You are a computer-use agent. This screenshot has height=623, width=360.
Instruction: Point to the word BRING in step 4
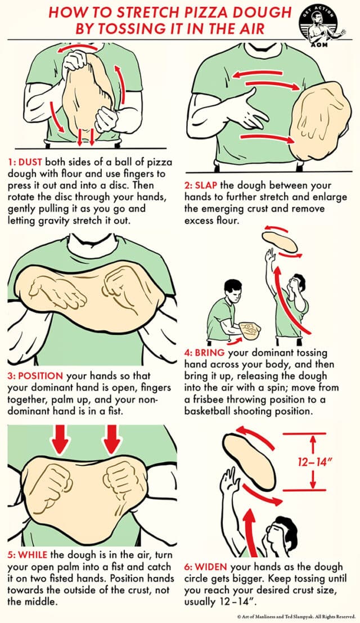[208, 352]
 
